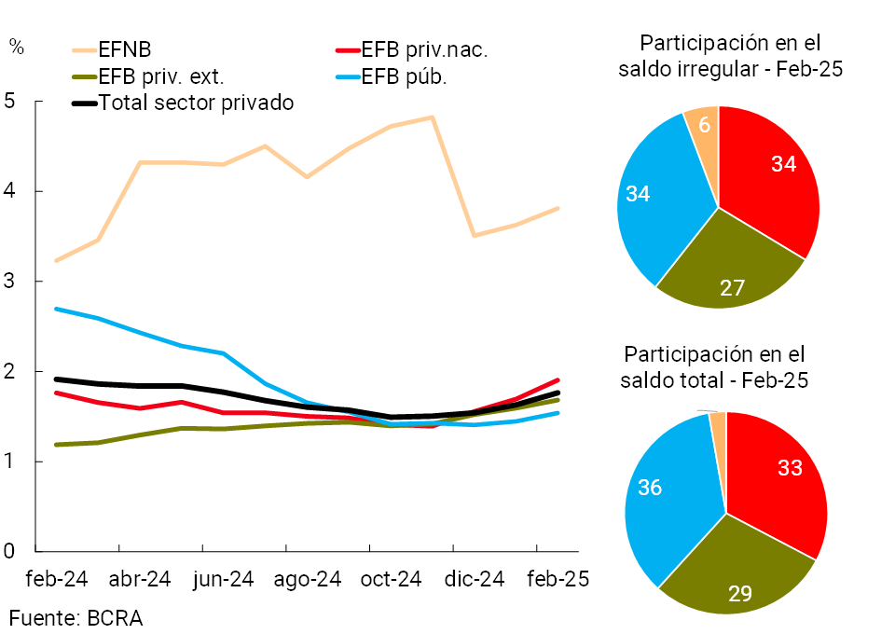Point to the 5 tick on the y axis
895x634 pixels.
coord(10,101)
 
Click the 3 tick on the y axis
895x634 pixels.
coord(10,282)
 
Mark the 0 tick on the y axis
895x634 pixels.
coord(10,551)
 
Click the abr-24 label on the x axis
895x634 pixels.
coord(140,579)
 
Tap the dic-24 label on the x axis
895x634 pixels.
coord(474,579)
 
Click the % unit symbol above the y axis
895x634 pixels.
coord(17,47)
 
